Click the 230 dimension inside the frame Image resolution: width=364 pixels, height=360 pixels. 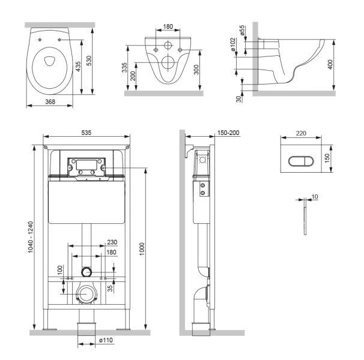click(112, 242)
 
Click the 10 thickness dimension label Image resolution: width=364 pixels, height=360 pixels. click(317, 195)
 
